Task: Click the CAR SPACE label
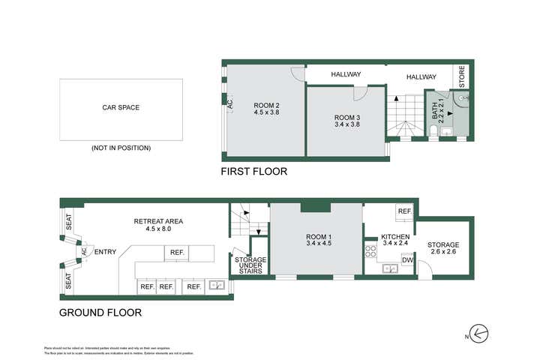[x=121, y=107]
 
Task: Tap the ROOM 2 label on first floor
[x=266, y=108]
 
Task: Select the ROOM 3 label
[x=347, y=120]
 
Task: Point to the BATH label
[x=436, y=112]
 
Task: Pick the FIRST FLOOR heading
[x=253, y=172]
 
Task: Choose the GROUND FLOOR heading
[x=100, y=313]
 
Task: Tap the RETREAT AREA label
[x=158, y=225]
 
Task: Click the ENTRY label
[x=105, y=252]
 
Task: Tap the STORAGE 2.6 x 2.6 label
[x=443, y=249]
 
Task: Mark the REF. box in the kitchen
[x=403, y=212]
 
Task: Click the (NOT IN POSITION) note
[x=121, y=148]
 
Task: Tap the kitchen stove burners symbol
[x=370, y=251]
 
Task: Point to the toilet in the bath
[x=435, y=132]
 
